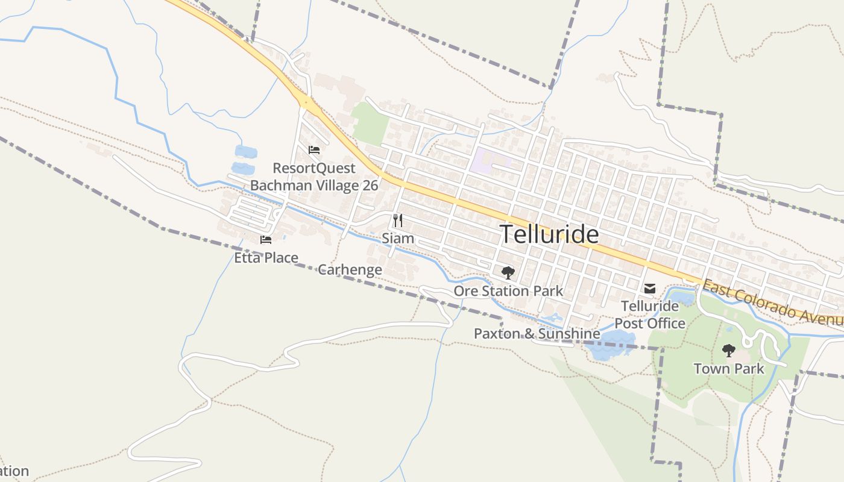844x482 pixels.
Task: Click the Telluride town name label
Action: click(550, 234)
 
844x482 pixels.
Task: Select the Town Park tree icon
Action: click(729, 350)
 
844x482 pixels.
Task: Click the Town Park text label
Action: click(729, 368)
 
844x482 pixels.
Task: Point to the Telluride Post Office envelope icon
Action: click(649, 289)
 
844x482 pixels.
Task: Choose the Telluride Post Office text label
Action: click(650, 315)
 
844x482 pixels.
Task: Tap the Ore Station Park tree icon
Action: click(508, 272)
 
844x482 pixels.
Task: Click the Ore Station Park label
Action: click(508, 291)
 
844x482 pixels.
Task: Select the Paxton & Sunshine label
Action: click(537, 333)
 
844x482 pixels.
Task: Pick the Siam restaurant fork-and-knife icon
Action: click(397, 221)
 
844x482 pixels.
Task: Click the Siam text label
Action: click(398, 239)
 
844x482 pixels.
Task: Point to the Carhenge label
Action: click(350, 269)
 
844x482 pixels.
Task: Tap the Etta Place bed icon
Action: click(266, 240)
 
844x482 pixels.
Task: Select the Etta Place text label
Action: click(266, 258)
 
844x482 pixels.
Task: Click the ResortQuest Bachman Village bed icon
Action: click(313, 150)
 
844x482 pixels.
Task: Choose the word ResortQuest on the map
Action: click(314, 168)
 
